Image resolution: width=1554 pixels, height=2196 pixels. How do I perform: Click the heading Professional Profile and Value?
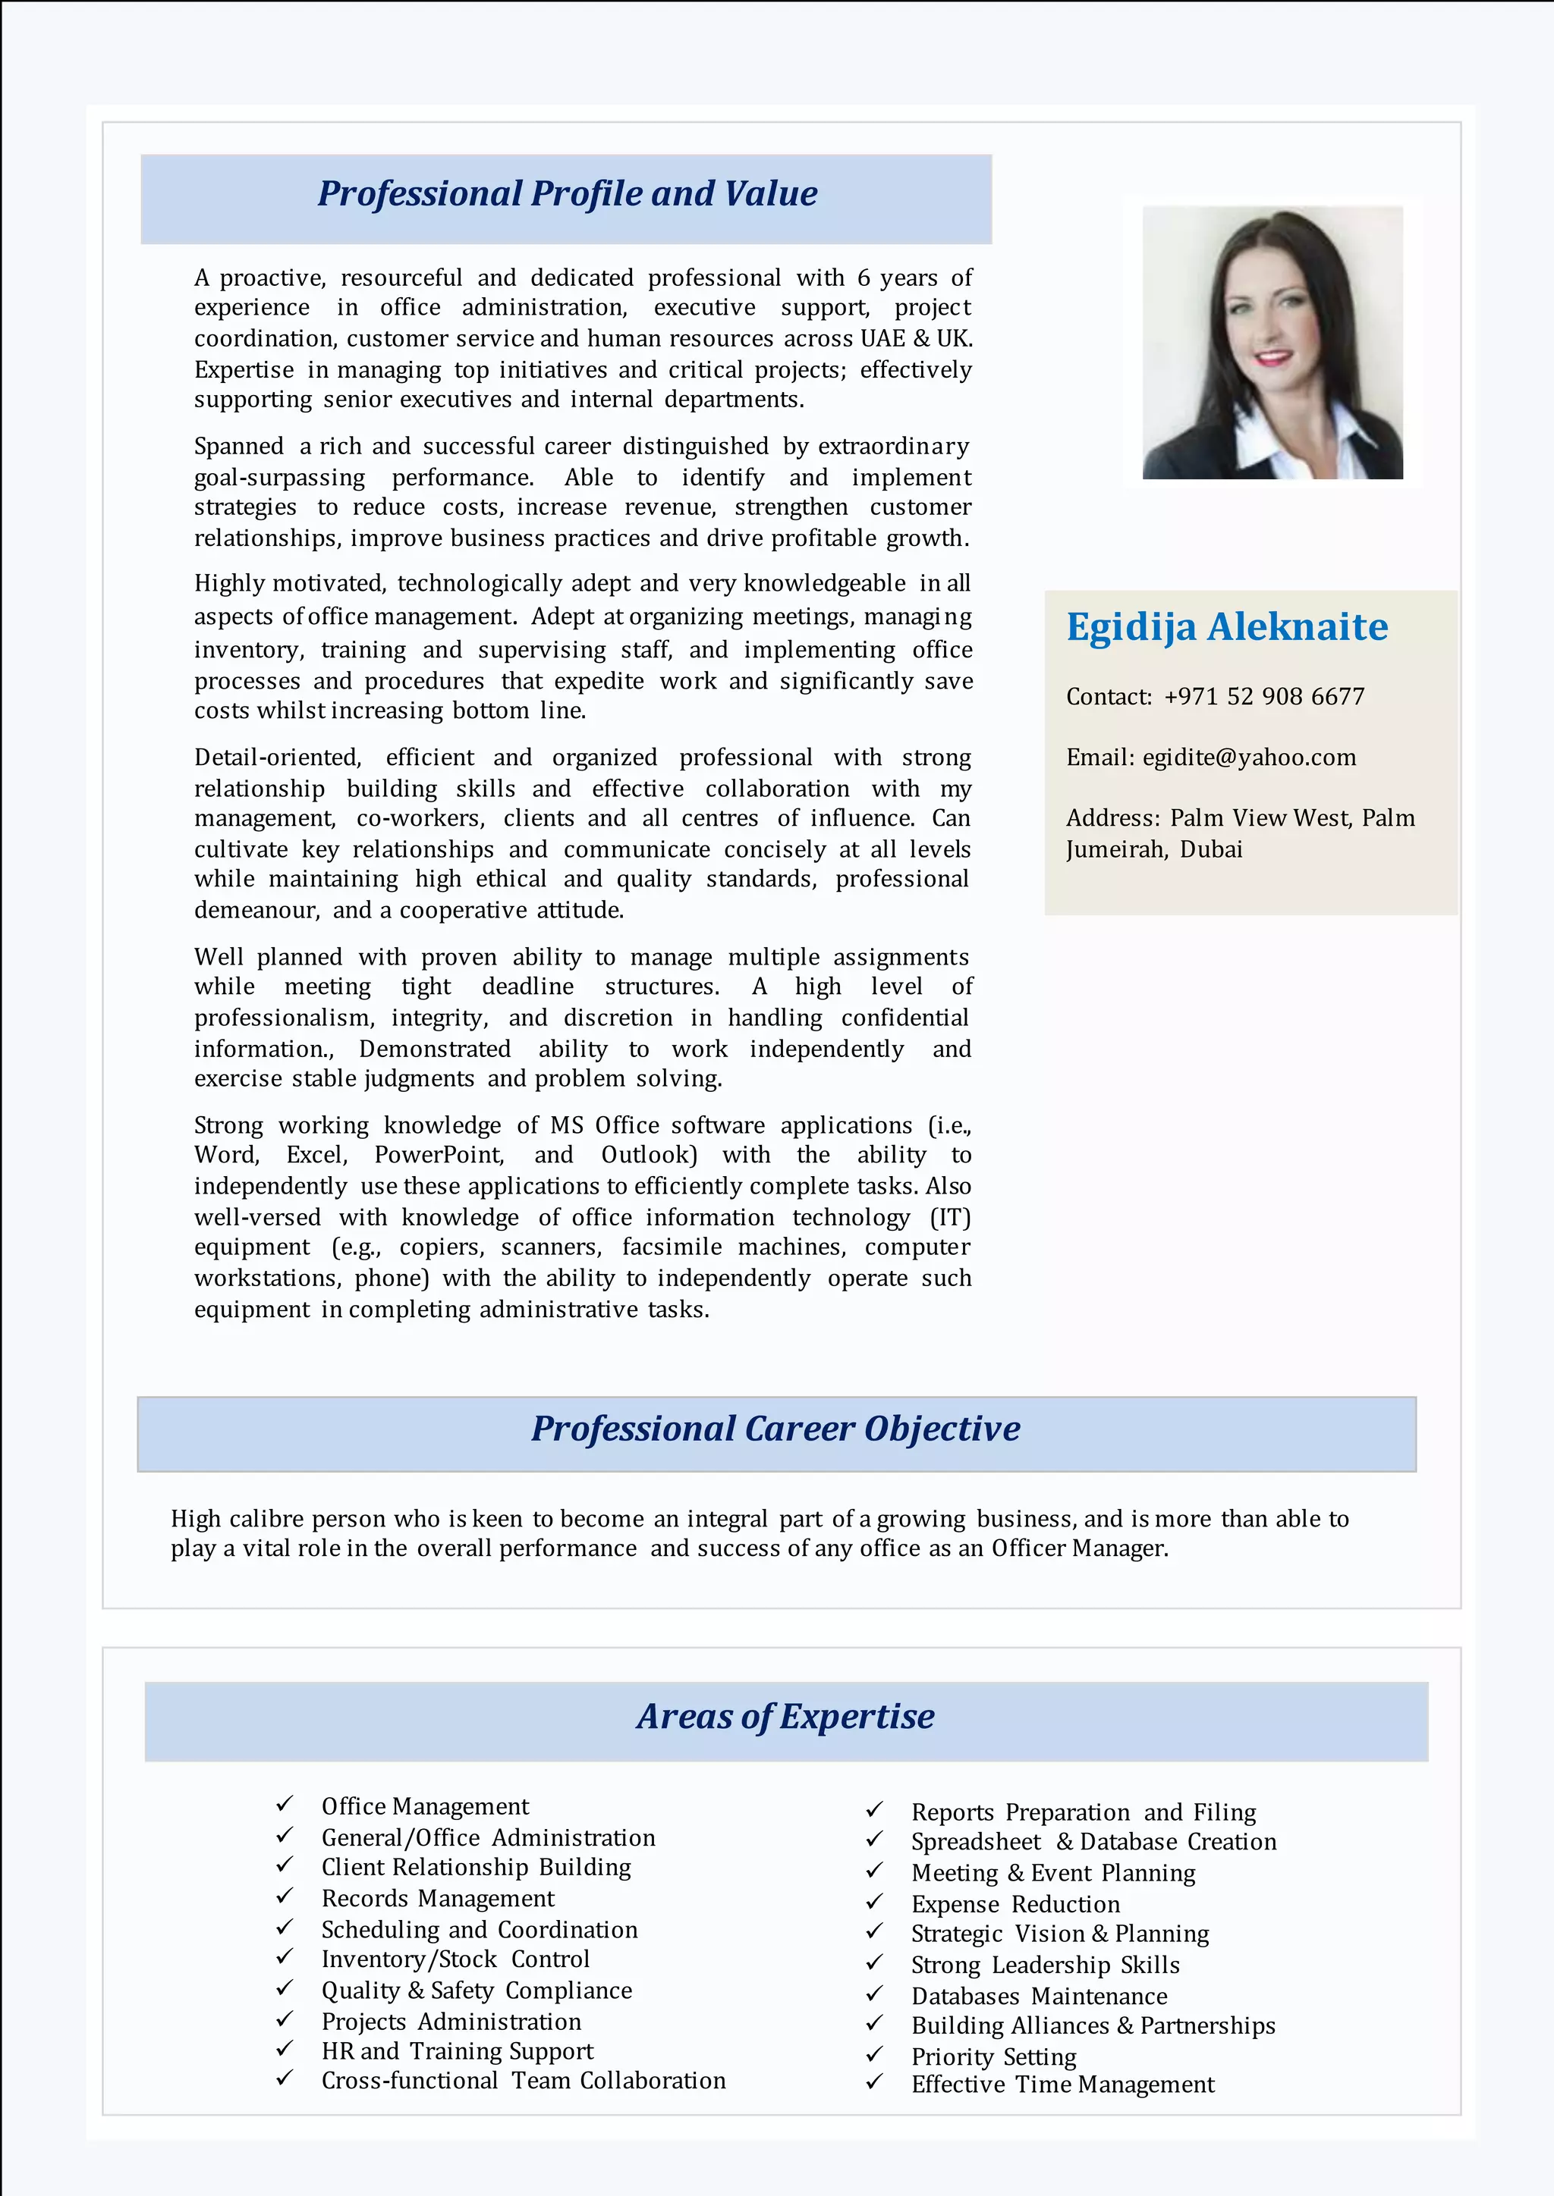coord(568,194)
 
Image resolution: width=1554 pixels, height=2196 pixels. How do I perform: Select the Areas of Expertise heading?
coord(785,1717)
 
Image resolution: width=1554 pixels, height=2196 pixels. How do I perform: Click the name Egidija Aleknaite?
coord(1227,627)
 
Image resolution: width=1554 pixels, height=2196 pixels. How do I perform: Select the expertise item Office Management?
coord(425,1807)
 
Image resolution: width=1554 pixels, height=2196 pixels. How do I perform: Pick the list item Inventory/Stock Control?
coord(455,1959)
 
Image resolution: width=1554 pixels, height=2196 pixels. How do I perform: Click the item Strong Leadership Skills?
coord(1045,1965)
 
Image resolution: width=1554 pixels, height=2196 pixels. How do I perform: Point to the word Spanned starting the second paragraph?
coord(238,447)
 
